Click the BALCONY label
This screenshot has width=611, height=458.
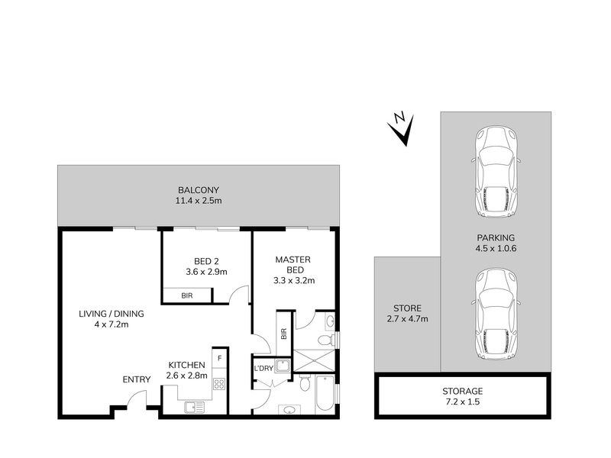199,190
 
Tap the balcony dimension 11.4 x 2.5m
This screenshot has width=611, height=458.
199,201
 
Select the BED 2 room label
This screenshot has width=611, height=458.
206,261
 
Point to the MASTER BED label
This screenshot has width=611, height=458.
293,264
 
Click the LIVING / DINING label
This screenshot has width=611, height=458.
111,314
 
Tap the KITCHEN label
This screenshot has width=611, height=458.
186,365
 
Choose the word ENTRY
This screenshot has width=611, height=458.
137,379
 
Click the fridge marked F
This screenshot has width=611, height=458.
220,358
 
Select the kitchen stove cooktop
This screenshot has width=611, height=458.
219,384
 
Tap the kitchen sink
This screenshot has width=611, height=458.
195,408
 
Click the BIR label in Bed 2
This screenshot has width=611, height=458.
187,295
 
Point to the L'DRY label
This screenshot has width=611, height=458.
263,369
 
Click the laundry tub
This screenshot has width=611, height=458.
281,366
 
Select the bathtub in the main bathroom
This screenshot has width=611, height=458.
325,393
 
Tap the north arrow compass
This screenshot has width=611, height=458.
401,129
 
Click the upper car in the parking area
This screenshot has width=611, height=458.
496,172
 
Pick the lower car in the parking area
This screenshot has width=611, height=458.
496,314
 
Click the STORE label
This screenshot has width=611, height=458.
407,308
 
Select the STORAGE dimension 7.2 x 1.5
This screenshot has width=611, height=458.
463,402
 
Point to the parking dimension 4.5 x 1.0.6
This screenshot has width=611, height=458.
496,249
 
